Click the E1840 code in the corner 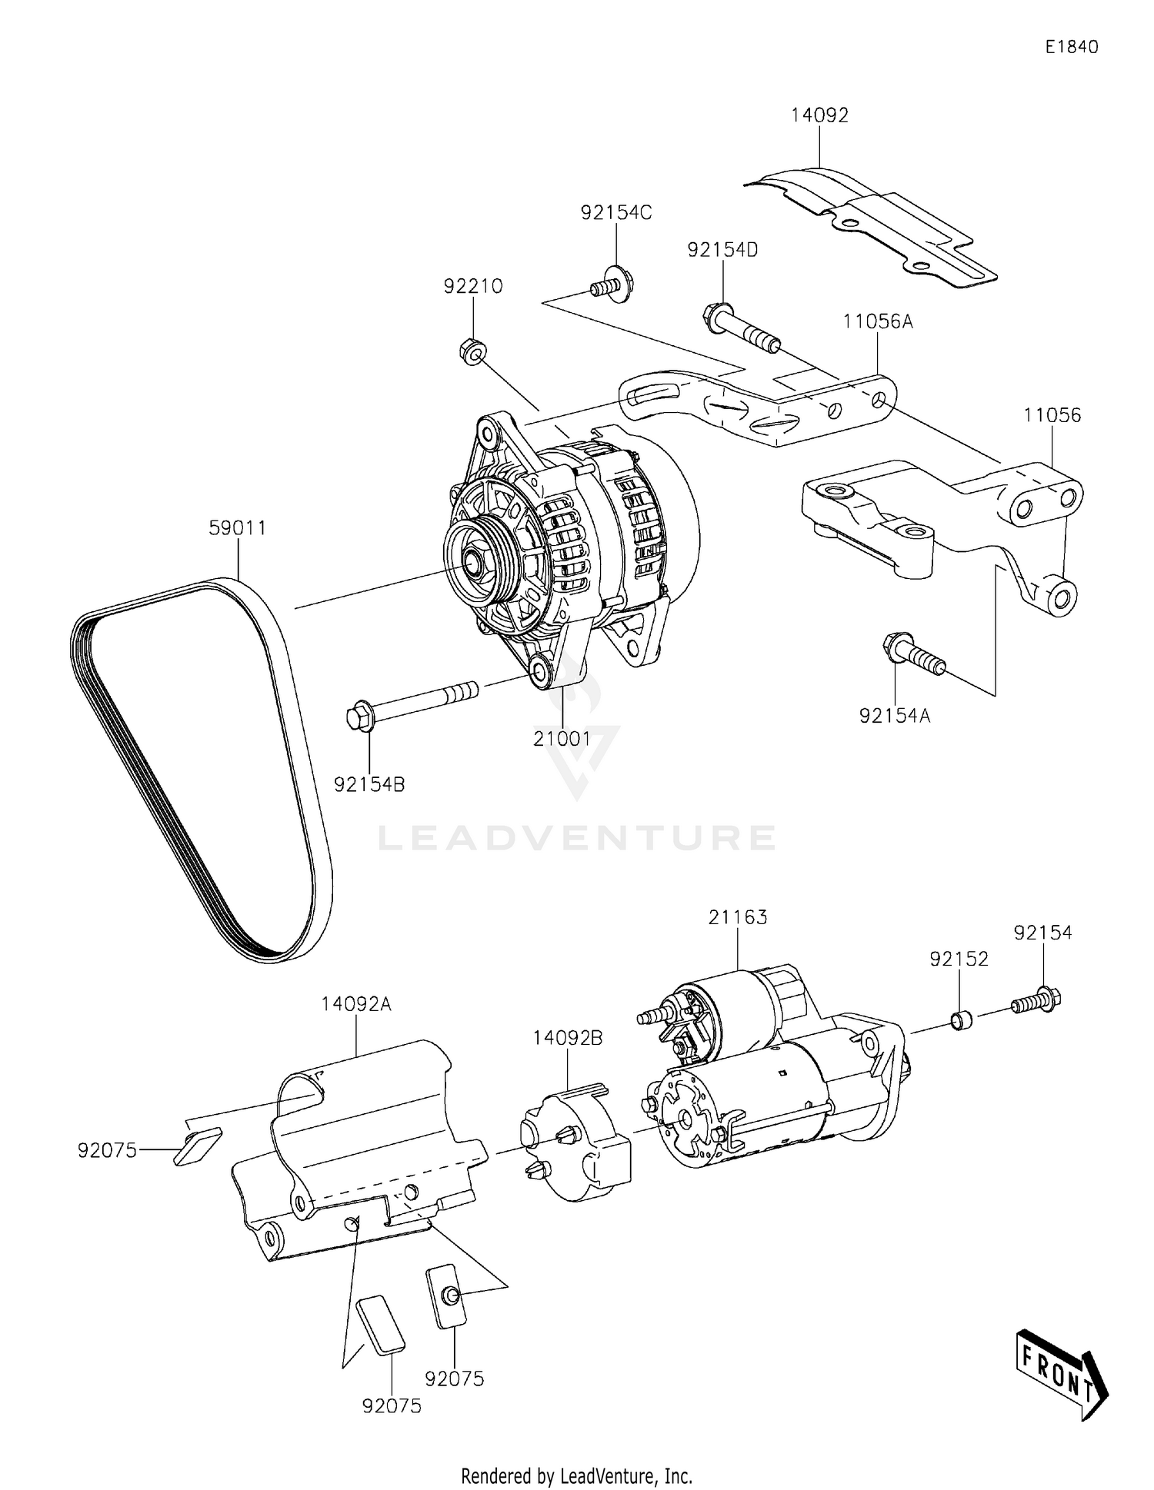click(1071, 47)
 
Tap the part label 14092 click(819, 115)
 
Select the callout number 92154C click(615, 213)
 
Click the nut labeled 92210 click(472, 352)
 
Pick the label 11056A click(877, 321)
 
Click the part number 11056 click(1052, 415)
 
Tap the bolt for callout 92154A click(913, 656)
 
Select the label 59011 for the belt click(238, 528)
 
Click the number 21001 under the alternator click(562, 739)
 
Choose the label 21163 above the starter click(738, 917)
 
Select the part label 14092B click(568, 1038)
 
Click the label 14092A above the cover click(356, 1004)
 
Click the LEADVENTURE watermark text click(576, 838)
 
